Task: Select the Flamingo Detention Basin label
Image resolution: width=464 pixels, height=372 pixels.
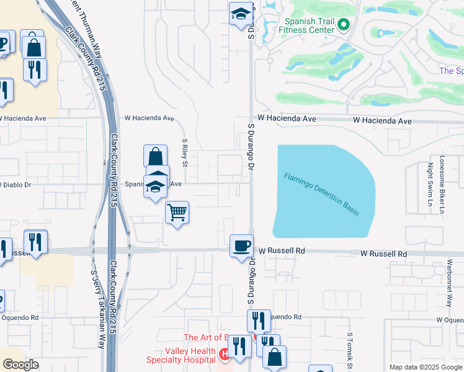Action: click(321, 193)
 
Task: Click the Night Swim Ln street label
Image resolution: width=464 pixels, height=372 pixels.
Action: click(429, 184)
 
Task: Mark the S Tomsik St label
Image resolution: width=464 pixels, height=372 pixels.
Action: click(350, 350)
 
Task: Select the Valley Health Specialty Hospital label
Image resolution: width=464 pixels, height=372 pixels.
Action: click(181, 355)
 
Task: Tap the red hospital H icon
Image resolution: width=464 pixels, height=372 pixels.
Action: click(225, 355)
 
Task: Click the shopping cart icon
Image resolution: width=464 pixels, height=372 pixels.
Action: click(177, 213)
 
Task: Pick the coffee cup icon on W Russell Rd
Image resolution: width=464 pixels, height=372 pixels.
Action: click(241, 246)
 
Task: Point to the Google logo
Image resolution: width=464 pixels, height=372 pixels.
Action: click(21, 365)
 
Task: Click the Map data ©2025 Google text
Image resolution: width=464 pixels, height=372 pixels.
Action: click(426, 367)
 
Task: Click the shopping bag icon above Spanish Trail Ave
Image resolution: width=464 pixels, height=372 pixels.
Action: click(155, 156)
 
